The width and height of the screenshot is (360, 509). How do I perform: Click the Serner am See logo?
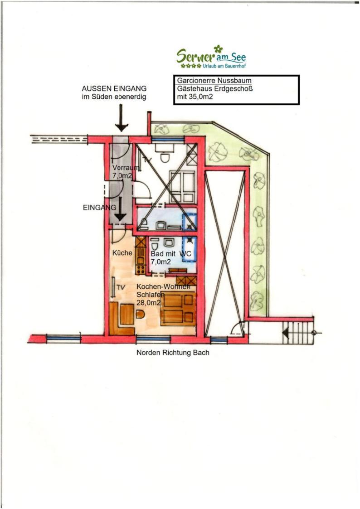coord(211,57)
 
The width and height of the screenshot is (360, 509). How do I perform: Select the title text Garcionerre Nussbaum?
coord(214,81)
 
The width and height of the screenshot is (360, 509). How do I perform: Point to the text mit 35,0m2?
coord(195,97)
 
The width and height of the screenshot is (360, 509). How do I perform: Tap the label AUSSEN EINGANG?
coord(114,88)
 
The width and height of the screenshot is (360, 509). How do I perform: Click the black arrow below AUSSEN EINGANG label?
coord(122,118)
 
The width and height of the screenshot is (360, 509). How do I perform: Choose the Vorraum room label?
coord(126,168)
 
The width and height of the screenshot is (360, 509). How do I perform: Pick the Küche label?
coord(122,252)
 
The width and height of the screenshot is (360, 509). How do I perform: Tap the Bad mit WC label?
coord(171,253)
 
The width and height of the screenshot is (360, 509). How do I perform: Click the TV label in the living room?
coord(121,288)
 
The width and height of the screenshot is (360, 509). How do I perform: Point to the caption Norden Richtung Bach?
coord(173,353)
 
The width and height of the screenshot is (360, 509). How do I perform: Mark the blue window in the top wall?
coord(167,139)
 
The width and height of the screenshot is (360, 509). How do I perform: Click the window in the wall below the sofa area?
coord(153,339)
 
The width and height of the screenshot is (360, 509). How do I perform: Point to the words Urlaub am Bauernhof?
coord(224,66)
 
